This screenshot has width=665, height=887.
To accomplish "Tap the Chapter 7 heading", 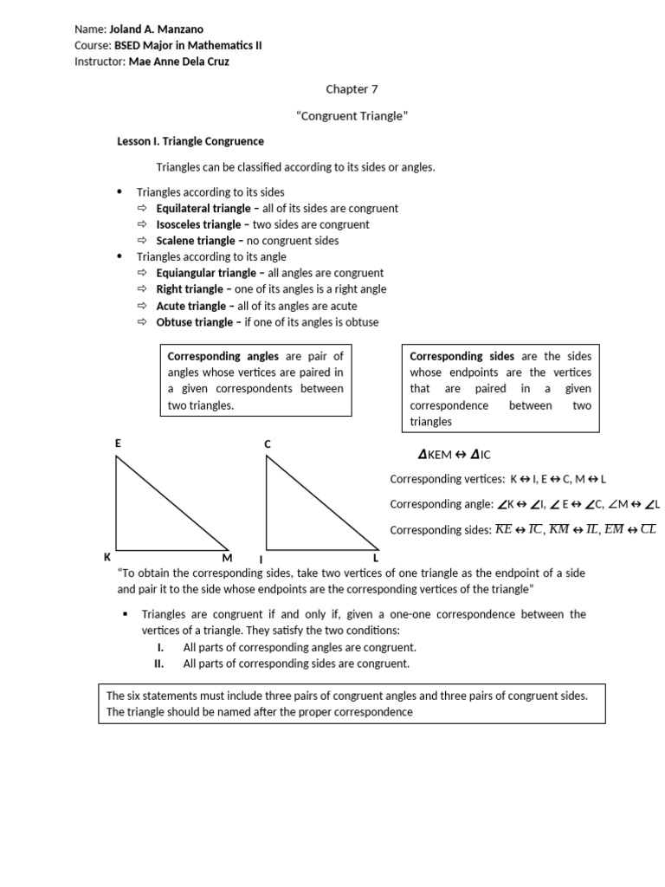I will [x=352, y=88].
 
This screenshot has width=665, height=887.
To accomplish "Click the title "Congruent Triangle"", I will [x=352, y=116].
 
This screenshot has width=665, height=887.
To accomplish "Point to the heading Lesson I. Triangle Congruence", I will [x=190, y=141].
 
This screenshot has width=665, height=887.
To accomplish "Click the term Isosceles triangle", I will [x=197, y=224].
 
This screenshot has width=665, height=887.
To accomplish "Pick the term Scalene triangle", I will [x=195, y=241].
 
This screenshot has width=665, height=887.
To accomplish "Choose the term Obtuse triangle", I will [x=194, y=322].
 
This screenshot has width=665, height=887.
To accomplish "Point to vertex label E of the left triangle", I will [x=118, y=443].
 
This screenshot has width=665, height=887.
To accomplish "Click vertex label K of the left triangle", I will [x=107, y=557].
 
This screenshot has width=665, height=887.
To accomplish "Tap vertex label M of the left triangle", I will [x=227, y=558].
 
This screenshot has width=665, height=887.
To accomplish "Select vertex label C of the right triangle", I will [x=268, y=444].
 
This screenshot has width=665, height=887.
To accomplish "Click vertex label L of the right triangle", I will [x=376, y=558].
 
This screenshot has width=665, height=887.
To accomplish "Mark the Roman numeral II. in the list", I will [x=158, y=664].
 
